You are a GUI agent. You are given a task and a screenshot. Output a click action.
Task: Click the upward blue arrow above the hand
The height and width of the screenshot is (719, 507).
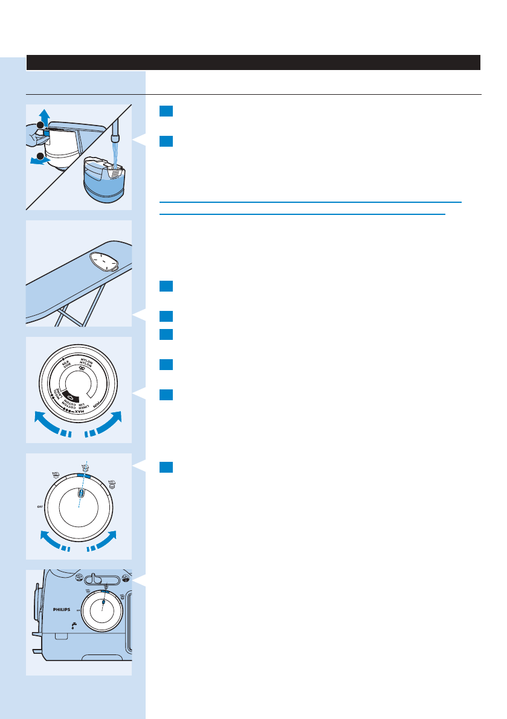point(42,114)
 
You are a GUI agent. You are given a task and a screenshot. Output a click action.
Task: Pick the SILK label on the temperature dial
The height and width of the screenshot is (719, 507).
point(65,364)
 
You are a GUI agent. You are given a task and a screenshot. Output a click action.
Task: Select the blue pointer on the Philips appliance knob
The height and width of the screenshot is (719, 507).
point(103,603)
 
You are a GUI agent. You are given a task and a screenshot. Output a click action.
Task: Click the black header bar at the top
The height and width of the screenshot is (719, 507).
point(253,62)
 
